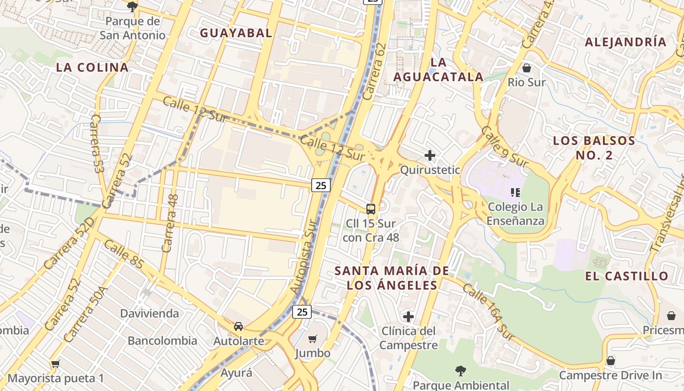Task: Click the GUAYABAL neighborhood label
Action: (236, 33)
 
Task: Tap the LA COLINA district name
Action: (92, 67)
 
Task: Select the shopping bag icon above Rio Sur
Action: (527, 67)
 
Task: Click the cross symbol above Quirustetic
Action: (430, 155)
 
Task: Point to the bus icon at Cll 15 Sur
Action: (371, 209)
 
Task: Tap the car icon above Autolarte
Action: (238, 326)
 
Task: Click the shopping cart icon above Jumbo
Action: (313, 339)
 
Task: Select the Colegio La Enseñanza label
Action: (515, 214)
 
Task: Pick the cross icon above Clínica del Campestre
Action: (408, 317)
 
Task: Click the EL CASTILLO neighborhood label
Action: (627, 276)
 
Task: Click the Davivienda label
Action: (150, 313)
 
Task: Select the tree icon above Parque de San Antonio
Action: (132, 6)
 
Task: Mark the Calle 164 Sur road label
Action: (489, 313)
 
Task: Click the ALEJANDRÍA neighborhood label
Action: (626, 42)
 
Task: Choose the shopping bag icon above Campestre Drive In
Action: (610, 361)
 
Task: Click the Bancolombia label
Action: (163, 341)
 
